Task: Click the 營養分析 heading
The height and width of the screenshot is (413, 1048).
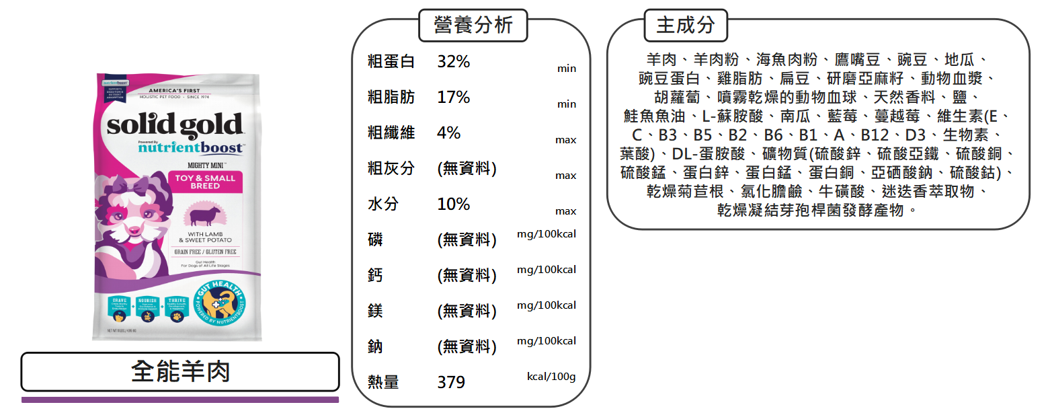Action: (473, 26)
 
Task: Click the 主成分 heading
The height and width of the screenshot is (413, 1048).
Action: (686, 26)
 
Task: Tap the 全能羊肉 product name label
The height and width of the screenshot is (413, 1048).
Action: (180, 371)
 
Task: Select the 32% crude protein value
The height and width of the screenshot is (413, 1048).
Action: (454, 62)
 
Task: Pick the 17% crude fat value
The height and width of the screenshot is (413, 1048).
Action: (454, 98)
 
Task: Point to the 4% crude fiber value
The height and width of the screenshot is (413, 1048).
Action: (448, 133)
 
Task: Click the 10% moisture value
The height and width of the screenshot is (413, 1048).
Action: (454, 204)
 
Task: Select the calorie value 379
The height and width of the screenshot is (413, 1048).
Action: (451, 383)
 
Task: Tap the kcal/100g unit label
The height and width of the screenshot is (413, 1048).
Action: (551, 377)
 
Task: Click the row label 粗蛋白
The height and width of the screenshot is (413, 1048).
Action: (391, 62)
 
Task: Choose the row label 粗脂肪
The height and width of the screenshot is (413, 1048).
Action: (391, 98)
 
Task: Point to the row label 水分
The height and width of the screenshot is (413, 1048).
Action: (381, 204)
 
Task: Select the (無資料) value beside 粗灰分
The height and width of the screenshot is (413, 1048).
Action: (467, 169)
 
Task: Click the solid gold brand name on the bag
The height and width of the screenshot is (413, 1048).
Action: (175, 126)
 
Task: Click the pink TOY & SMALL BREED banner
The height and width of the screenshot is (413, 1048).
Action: (205, 182)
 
